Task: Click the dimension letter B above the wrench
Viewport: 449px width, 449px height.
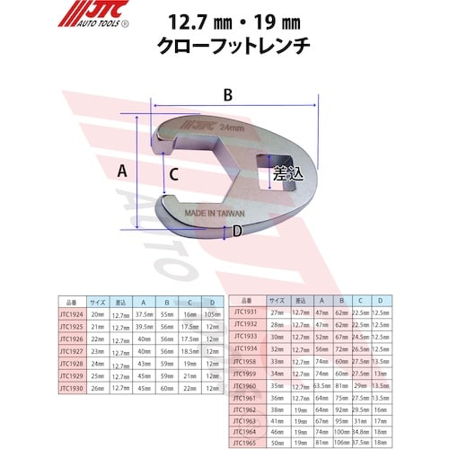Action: [228, 93]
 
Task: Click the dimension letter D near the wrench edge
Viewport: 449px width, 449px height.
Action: [236, 232]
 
